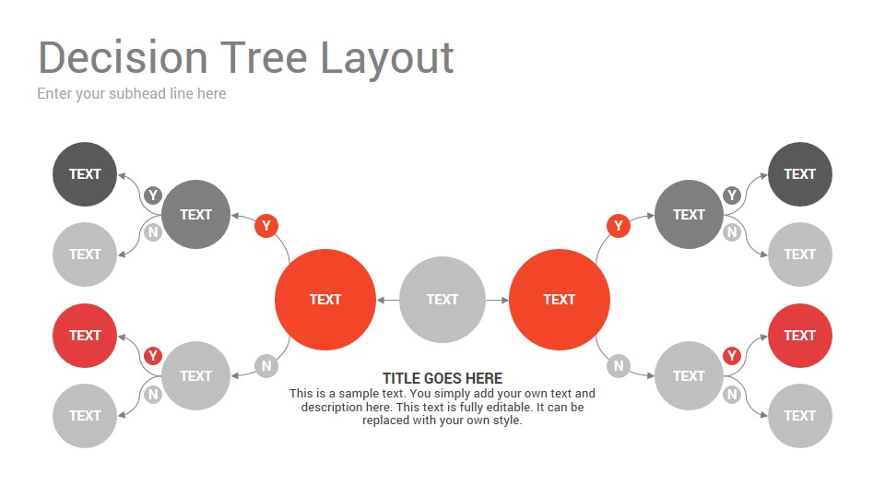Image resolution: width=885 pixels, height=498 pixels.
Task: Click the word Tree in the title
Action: pos(263,57)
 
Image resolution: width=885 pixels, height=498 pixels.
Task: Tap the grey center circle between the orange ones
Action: pos(442,299)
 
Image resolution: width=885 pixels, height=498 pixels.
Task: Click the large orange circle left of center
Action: pos(325,299)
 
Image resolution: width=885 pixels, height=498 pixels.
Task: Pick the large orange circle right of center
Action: pos(560,299)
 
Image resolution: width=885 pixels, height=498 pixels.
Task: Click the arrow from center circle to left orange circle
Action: pos(388,300)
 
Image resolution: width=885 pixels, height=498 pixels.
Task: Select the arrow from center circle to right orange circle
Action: pos(497,300)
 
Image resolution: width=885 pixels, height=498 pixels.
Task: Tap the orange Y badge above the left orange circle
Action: pos(266,226)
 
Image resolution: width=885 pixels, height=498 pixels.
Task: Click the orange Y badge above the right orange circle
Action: pos(619,226)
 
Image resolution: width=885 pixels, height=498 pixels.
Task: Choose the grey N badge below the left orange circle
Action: pos(266,366)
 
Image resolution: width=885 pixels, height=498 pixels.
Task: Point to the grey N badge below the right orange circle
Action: pos(619,366)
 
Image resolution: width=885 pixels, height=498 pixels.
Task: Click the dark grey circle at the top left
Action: pos(85,174)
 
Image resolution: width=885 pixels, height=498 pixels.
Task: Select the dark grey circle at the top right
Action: pos(800,174)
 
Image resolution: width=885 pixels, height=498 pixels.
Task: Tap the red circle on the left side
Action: pos(85,336)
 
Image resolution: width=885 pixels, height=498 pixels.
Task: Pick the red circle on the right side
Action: pos(800,336)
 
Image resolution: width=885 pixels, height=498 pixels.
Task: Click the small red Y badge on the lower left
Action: pos(153,356)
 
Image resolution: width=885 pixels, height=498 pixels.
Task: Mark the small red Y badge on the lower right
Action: pos(732,356)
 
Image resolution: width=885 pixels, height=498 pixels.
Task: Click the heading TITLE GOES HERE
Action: pos(442,378)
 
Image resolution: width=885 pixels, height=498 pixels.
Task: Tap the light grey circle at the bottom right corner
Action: pos(800,416)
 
